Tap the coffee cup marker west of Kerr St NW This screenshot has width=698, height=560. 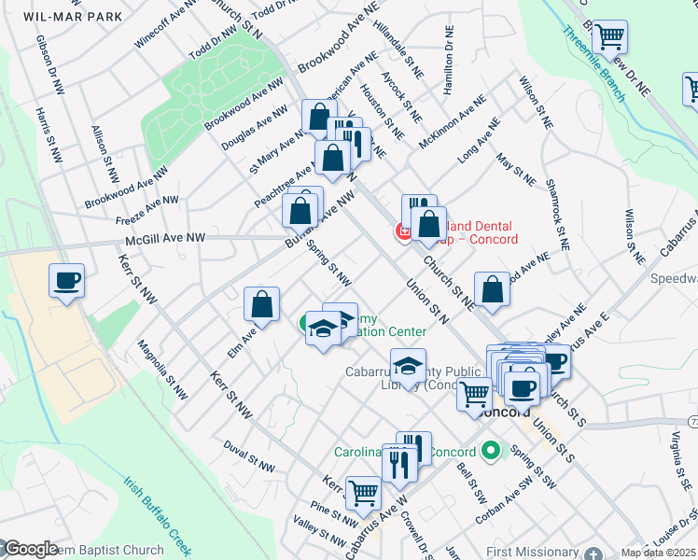(66, 280)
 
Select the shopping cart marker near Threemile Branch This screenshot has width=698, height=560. (609, 38)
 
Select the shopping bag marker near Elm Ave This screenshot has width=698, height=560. (262, 304)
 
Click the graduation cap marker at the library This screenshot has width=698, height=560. (408, 366)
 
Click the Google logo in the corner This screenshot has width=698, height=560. (30, 549)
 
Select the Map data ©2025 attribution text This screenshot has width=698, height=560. (658, 553)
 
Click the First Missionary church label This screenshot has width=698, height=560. (533, 552)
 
